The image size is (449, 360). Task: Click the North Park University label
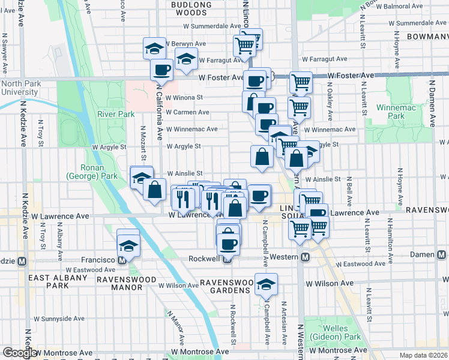point(20,88)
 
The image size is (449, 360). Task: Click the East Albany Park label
point(54,278)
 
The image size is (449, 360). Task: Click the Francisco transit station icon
point(122,261)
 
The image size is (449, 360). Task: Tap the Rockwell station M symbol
point(227,259)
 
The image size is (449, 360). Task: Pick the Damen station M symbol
point(442,255)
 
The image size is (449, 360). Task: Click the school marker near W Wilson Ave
point(265,284)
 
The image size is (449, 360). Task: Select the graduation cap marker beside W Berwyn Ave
point(154,47)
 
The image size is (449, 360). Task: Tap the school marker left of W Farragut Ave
point(186,59)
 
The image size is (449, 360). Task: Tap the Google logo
point(19,353)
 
